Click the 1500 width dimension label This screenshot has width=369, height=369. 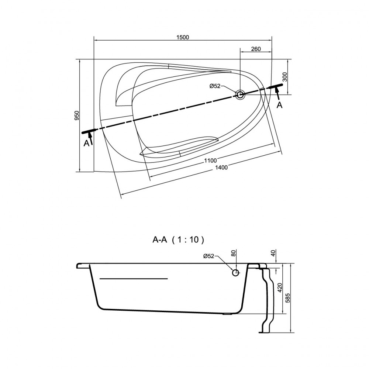[x=183, y=37]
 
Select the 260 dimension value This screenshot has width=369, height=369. [x=256, y=49]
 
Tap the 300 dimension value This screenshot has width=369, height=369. [x=284, y=77]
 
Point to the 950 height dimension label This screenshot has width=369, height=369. [x=77, y=115]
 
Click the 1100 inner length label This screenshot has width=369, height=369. [x=210, y=161]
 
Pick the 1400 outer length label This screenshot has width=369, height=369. [x=221, y=168]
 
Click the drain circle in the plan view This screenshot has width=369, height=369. [x=240, y=94]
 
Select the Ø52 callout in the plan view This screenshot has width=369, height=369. [x=215, y=86]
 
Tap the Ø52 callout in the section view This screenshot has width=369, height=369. [x=208, y=256]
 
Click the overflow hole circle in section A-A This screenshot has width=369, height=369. [x=235, y=273]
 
